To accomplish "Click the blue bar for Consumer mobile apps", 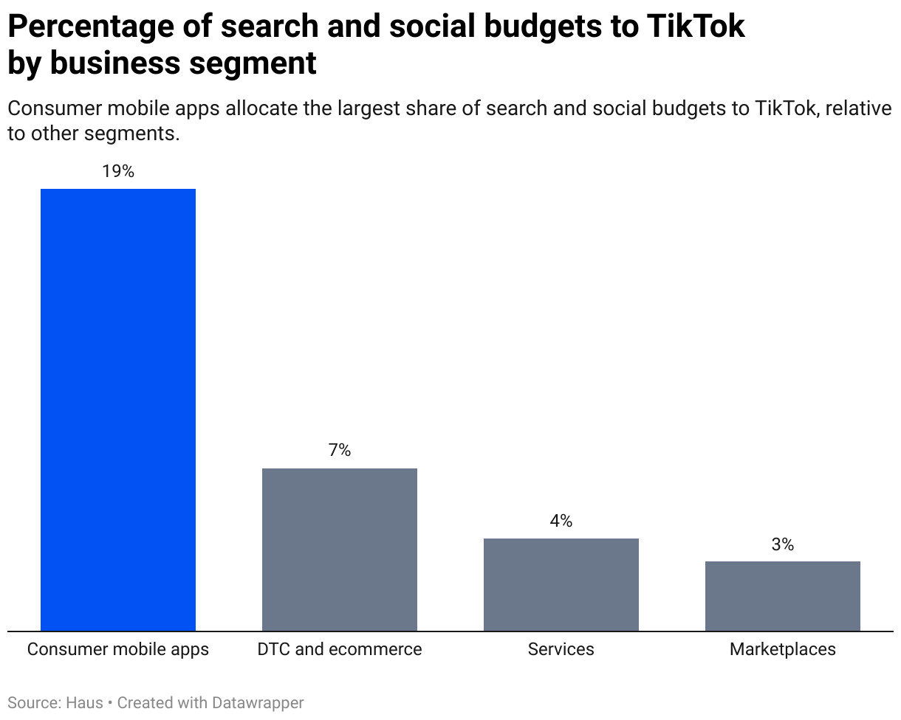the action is [x=118, y=409].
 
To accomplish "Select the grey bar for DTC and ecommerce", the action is [x=340, y=550].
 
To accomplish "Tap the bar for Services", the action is [x=561, y=584].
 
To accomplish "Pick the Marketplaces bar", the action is [x=783, y=596].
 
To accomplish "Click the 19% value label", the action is [x=118, y=172].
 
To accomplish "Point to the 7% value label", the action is [x=340, y=451].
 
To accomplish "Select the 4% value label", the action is [x=561, y=521].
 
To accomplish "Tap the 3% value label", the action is [x=783, y=544].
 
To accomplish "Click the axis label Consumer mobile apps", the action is [x=118, y=649].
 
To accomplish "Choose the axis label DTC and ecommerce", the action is [x=340, y=649].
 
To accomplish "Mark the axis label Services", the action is [x=561, y=649].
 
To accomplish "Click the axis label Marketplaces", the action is [x=783, y=649].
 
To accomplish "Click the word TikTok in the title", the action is [x=695, y=27].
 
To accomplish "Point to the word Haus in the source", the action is [x=85, y=703].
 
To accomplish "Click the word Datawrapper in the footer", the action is [x=259, y=703].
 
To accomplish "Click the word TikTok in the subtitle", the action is [x=787, y=109].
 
